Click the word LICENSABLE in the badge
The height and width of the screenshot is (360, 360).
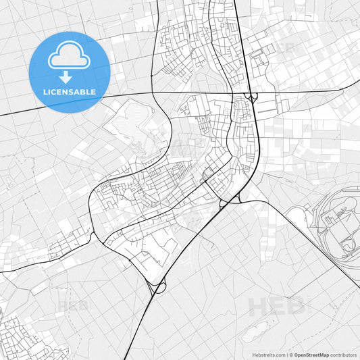click(x=70, y=91)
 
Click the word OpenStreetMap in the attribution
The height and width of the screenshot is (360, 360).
click(x=311, y=355)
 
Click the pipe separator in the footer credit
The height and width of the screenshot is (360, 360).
click(x=285, y=355)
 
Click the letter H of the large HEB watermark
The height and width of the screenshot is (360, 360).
click(x=260, y=307)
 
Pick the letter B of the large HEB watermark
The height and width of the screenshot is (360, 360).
click(x=298, y=307)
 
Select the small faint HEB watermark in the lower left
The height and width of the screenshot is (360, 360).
click(x=73, y=306)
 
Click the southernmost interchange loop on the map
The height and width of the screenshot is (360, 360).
click(x=158, y=287)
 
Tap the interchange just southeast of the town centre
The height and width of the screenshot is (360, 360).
click(x=230, y=200)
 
